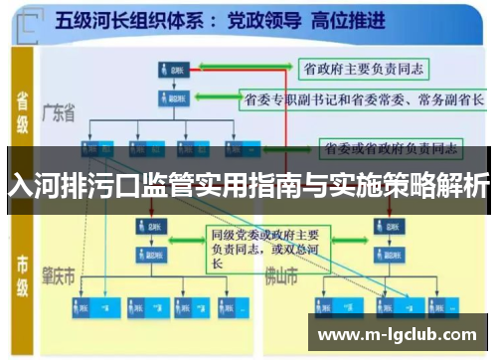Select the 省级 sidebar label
point(22,108)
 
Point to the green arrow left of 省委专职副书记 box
point(211,99)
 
